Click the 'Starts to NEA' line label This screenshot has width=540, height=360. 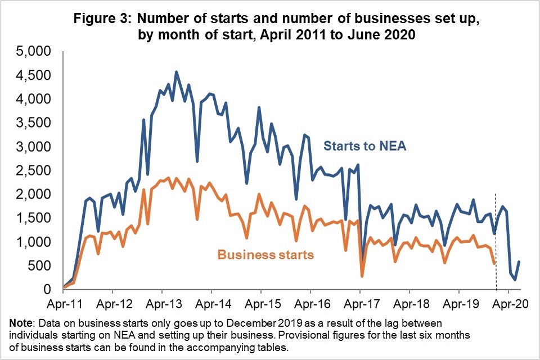click(x=364, y=147)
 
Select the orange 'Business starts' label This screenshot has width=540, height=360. click(x=265, y=255)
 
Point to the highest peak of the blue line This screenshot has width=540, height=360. click(x=176, y=72)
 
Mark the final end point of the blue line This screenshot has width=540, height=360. click(x=519, y=262)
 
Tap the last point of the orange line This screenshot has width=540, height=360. click(x=494, y=263)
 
